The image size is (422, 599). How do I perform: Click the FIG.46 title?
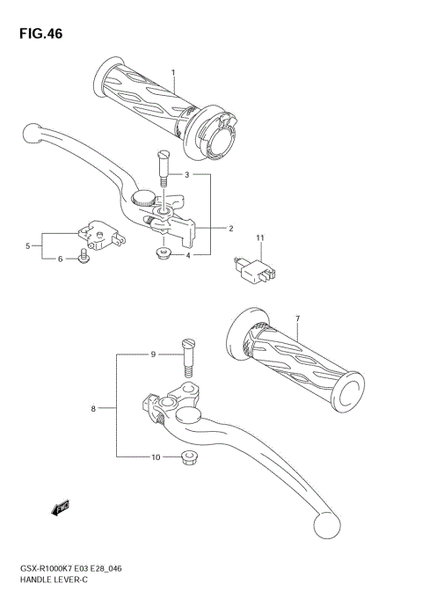click(x=39, y=33)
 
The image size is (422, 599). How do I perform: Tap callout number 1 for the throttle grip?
click(x=173, y=72)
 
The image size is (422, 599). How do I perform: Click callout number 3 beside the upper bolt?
click(x=186, y=255)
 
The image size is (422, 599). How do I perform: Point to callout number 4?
click(x=28, y=245)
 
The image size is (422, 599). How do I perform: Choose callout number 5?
click(x=60, y=259)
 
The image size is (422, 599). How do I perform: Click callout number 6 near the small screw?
click(x=297, y=318)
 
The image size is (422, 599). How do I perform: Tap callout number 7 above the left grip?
click(x=92, y=409)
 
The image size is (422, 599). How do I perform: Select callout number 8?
click(x=153, y=354)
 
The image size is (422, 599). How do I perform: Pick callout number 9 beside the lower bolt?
click(x=155, y=457)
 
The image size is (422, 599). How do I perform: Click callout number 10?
click(x=259, y=238)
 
